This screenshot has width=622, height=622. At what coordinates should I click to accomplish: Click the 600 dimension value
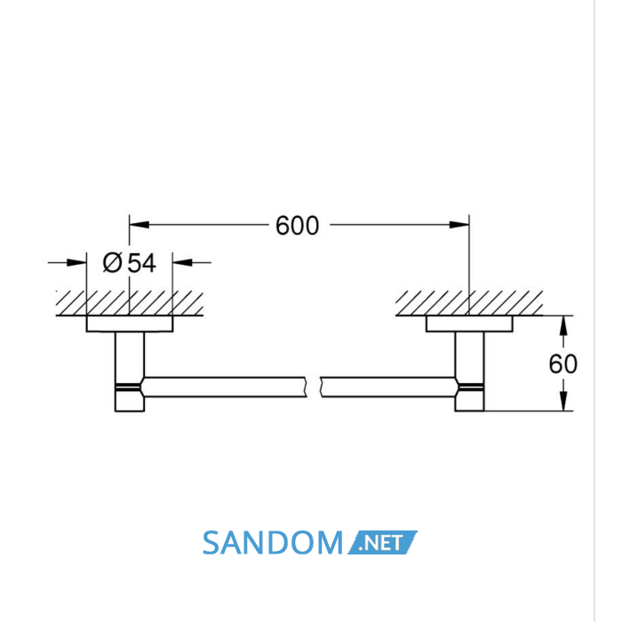[297, 226]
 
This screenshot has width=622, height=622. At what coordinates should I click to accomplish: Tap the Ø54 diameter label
[130, 263]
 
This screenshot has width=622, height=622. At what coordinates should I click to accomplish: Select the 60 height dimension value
[562, 363]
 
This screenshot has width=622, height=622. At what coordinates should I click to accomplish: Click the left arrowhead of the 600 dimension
[140, 225]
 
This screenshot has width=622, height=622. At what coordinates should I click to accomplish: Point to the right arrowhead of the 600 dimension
[459, 225]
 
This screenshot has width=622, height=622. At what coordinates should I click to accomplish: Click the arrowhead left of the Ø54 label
[76, 263]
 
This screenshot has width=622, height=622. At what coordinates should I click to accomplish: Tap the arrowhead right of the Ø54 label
[182, 263]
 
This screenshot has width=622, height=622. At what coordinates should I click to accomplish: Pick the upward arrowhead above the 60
[563, 326]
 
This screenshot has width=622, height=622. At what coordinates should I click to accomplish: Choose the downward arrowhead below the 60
[563, 401]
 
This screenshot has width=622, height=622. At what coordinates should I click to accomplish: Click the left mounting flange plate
[130, 323]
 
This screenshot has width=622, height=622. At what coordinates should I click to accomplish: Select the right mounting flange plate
[469, 323]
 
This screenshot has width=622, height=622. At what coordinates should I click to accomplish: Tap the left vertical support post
[130, 371]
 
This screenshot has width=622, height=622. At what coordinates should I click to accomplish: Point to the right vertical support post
[469, 371]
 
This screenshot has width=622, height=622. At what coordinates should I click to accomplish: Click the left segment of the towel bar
[224, 387]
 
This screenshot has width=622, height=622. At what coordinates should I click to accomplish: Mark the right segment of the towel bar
[389, 387]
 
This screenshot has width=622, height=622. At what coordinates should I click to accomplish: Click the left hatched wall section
[130, 304]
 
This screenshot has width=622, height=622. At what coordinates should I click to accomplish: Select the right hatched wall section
[469, 304]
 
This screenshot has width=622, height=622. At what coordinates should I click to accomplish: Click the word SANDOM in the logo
[273, 543]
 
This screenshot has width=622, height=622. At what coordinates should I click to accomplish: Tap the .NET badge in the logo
[382, 542]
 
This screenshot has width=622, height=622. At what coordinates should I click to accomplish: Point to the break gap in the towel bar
[314, 387]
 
